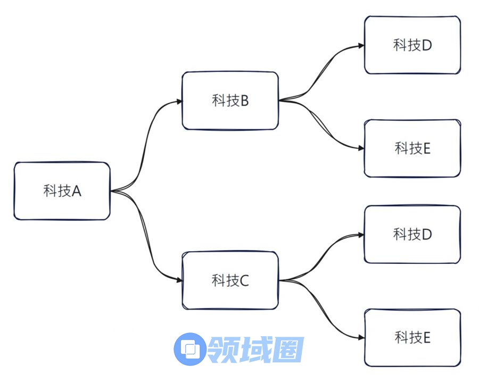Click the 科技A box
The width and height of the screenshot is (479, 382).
62,191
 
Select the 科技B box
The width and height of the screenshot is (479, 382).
230,101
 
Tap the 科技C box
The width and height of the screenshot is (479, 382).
230,280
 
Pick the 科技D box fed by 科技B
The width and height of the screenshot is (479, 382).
412,45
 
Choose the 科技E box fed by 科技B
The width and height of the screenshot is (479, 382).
412,148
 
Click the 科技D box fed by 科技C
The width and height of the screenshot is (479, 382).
412,234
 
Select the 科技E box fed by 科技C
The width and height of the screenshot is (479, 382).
412,337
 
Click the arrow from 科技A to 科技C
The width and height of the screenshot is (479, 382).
144,239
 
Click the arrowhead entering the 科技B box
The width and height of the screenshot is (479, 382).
178,101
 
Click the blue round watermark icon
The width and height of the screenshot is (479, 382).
189,348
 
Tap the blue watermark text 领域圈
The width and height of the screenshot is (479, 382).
256,349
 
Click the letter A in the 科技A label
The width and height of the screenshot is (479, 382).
76,191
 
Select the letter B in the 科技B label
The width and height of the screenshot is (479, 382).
244,101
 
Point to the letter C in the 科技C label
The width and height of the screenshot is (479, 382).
244,280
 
